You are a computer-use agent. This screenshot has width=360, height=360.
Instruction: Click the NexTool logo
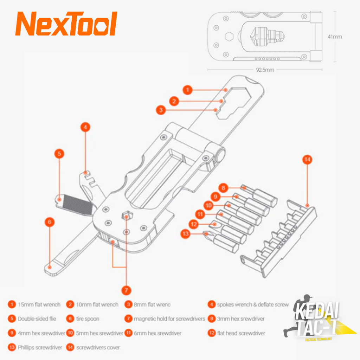(x=66, y=24)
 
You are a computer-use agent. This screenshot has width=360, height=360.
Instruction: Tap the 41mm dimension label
(x=335, y=37)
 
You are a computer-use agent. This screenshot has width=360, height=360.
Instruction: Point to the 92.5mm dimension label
(x=265, y=70)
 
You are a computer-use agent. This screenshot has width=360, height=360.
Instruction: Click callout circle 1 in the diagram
(x=188, y=90)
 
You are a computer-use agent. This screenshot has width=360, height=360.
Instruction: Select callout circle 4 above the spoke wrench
(x=85, y=127)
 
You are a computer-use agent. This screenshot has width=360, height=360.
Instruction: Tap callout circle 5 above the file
(x=59, y=154)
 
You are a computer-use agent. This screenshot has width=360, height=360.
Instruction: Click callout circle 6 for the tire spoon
(x=50, y=222)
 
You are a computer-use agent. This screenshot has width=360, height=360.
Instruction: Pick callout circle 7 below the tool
(x=126, y=290)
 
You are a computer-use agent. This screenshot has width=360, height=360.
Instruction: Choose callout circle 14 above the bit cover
(x=307, y=160)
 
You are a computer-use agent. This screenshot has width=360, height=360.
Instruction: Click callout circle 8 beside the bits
(x=223, y=188)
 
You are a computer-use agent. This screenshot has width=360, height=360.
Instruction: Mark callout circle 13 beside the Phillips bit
(x=186, y=234)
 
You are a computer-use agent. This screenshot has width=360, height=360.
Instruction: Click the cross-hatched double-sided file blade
(x=78, y=205)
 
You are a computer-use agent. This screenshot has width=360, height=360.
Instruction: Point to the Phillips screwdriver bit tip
(x=206, y=234)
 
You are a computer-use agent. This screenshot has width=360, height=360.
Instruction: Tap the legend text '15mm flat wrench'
(x=39, y=305)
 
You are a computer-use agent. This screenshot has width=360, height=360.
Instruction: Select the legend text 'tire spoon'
(x=88, y=319)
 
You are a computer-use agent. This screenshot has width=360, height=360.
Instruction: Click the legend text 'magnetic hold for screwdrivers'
(x=169, y=319)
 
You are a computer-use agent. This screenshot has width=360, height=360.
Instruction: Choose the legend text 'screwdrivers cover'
(x=98, y=348)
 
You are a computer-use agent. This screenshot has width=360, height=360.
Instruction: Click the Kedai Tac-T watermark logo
(x=319, y=318)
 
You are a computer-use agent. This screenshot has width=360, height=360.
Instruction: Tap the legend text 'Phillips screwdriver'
(x=40, y=348)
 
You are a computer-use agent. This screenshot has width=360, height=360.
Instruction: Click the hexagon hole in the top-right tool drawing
(x=229, y=37)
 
